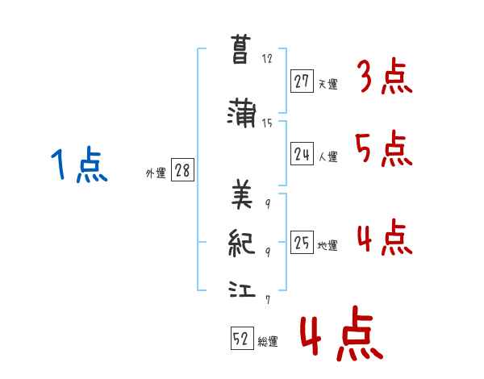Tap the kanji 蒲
(x=242, y=113)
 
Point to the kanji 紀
(x=242, y=242)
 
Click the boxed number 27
(x=302, y=81)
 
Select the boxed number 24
(x=302, y=155)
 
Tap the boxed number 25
(x=302, y=244)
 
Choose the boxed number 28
(x=182, y=171)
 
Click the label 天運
(x=327, y=84)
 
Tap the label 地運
(x=327, y=246)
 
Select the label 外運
(x=156, y=173)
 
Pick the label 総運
(x=267, y=342)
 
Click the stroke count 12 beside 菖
(x=267, y=59)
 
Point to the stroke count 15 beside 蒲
(x=267, y=123)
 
